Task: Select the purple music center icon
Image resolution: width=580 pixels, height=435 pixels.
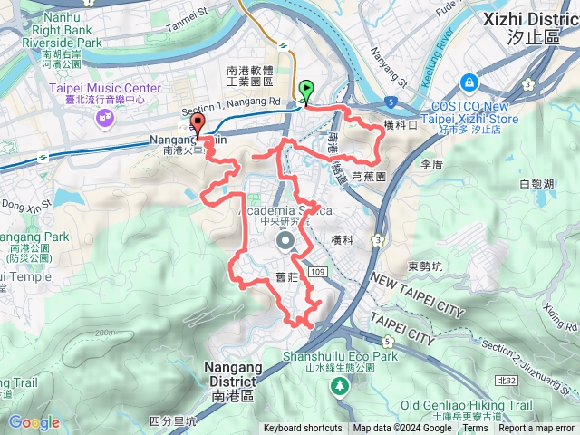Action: tap(105, 118)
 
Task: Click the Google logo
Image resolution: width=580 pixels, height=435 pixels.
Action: tap(34, 422)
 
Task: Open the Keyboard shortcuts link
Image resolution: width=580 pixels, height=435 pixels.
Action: tap(303, 429)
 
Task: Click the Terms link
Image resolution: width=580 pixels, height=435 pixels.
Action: tap(475, 429)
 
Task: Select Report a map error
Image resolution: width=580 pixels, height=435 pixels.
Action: tap(536, 429)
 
